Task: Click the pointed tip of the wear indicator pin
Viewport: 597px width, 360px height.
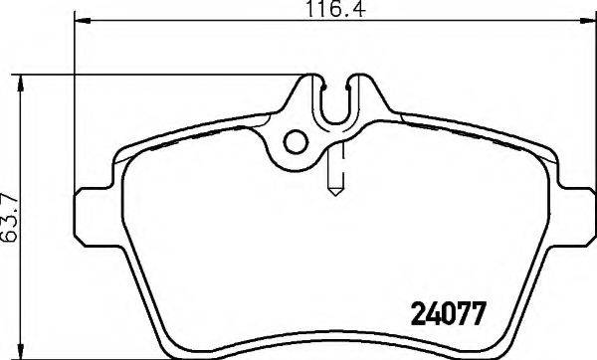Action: (335, 191)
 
